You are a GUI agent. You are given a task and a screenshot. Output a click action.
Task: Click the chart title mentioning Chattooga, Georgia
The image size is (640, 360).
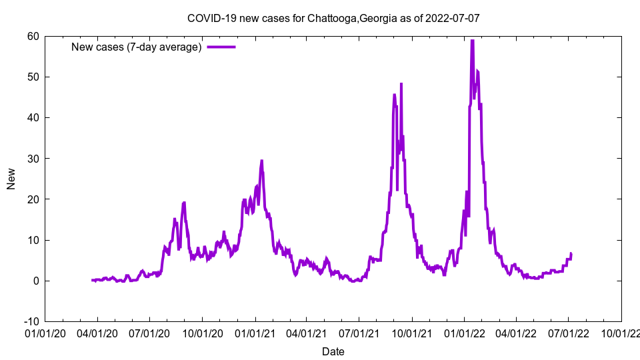333,18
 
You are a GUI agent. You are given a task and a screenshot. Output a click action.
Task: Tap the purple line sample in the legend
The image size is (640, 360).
221,47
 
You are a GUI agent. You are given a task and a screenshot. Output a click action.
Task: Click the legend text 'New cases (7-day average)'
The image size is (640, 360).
137,47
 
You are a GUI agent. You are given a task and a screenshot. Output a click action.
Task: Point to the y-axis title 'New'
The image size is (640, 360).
11,179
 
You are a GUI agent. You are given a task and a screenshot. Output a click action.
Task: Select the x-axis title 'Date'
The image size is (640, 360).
333,351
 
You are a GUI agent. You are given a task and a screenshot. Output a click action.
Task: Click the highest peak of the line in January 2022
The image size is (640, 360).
472,41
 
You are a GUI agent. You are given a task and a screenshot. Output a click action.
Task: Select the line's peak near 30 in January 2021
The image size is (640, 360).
262,161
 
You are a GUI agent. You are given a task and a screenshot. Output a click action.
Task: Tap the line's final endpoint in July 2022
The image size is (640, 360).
571,253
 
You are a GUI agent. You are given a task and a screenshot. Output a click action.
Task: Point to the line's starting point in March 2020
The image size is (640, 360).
92,280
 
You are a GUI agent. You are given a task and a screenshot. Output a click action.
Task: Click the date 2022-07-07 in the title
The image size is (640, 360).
455,18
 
